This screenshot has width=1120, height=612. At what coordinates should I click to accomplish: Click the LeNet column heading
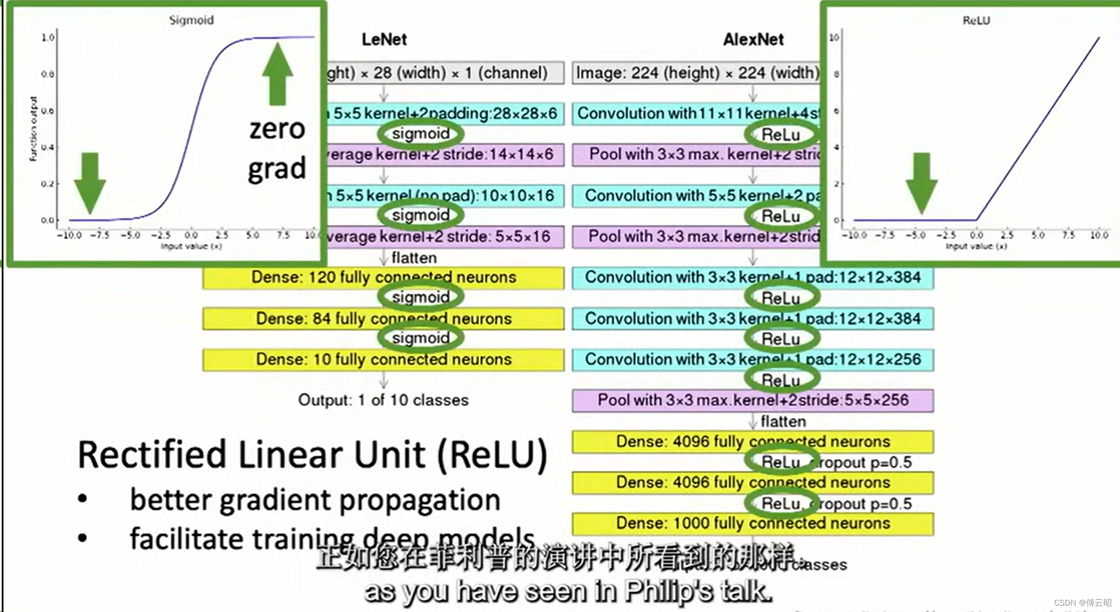coord(384,39)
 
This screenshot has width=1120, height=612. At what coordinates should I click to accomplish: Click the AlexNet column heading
coord(753,39)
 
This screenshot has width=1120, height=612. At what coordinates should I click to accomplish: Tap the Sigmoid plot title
coord(191,20)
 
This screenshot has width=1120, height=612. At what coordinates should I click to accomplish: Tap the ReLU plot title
coord(976,20)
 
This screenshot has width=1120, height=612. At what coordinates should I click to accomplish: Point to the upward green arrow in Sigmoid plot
coord(277,73)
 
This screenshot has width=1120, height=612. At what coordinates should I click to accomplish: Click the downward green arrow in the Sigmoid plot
coord(90,182)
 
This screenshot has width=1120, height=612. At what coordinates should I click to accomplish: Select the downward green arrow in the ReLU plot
coord(921,182)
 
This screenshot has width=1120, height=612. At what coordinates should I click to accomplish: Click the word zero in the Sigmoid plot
coord(277,129)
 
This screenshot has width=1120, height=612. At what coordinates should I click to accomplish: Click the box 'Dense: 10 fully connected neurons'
coord(384,360)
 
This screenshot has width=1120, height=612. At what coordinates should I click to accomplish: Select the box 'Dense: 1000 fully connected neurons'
coord(753,523)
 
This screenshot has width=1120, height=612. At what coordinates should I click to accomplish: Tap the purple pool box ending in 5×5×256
coord(753,400)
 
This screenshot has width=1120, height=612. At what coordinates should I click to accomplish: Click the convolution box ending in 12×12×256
coord(753,360)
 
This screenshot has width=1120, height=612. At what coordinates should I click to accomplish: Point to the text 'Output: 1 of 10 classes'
coord(384,400)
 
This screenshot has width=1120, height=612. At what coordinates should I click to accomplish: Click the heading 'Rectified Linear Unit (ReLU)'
coord(312,455)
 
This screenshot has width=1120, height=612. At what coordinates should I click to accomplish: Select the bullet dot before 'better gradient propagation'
coord(83,499)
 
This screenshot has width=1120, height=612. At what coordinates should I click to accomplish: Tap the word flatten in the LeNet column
coord(414,258)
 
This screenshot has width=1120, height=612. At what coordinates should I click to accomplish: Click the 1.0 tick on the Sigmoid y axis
coord(48,37)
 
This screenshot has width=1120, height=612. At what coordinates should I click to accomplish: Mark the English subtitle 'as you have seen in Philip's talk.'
coord(568,591)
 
